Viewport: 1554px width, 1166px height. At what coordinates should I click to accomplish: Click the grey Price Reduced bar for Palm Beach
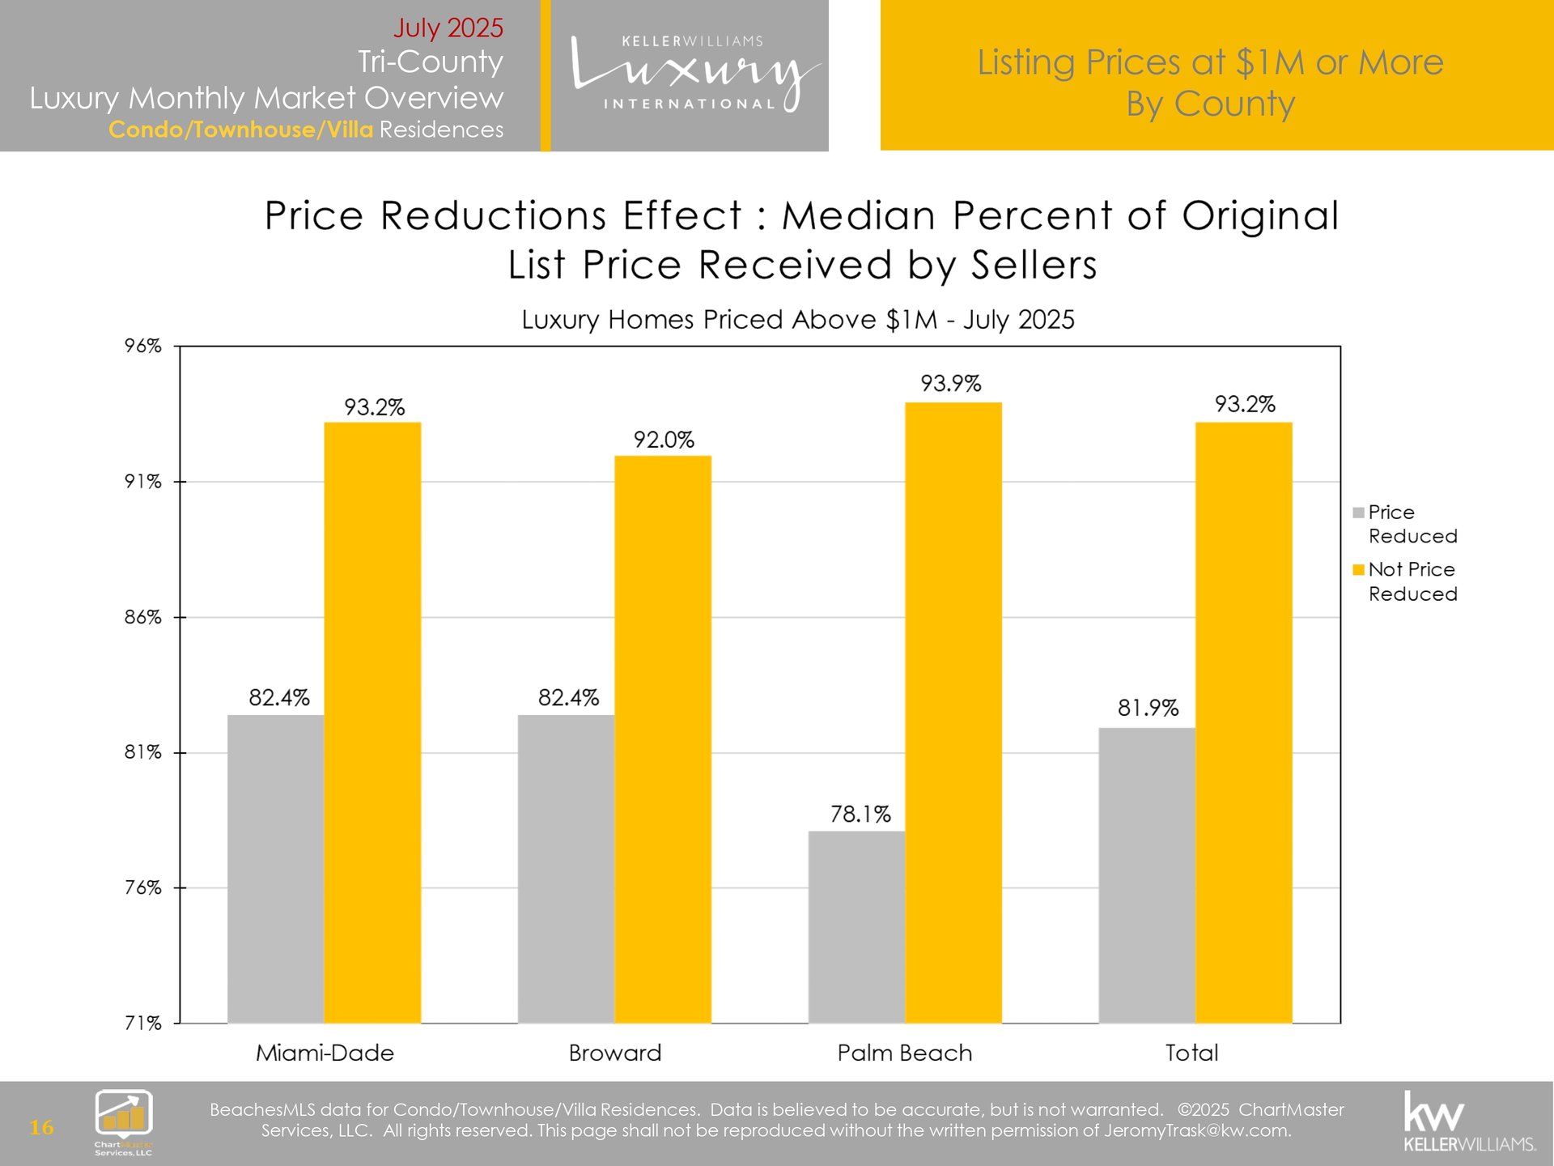[x=856, y=926]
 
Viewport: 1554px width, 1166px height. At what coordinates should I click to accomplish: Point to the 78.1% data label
[x=860, y=814]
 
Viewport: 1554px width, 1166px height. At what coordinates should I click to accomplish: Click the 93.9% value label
[x=951, y=383]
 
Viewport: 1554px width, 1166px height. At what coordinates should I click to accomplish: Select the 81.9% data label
[x=1148, y=708]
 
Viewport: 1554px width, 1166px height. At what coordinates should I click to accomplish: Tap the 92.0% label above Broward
[x=664, y=440]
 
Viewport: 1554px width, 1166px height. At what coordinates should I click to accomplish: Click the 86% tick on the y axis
[x=143, y=617]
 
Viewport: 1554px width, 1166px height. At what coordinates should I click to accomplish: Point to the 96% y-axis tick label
[x=143, y=346]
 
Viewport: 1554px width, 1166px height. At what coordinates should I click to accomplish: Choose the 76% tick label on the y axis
[x=143, y=887]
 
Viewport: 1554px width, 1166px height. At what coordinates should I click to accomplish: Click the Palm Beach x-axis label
[x=904, y=1053]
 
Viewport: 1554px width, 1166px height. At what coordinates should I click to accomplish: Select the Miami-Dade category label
[x=325, y=1053]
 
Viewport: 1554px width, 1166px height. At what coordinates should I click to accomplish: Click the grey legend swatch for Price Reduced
[x=1358, y=513]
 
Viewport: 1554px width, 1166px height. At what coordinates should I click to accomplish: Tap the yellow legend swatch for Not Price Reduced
[x=1358, y=570]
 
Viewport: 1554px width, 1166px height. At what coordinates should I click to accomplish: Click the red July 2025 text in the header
[x=448, y=28]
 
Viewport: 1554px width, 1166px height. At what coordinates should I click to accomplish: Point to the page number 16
[x=41, y=1127]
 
